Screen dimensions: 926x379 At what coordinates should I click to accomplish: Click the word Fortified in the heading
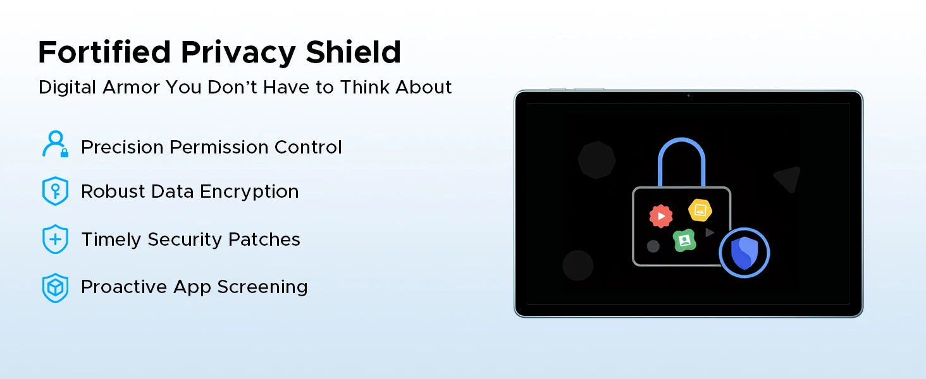[104, 52]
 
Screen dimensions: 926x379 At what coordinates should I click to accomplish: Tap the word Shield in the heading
[353, 52]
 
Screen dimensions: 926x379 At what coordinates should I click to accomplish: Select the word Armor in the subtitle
[131, 87]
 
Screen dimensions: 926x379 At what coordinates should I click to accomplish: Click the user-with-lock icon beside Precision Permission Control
[56, 144]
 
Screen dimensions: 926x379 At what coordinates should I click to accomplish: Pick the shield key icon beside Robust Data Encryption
[56, 191]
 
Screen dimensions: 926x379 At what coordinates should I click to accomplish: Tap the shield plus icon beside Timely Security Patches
[56, 239]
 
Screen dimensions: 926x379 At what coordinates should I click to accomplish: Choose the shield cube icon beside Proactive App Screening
[56, 287]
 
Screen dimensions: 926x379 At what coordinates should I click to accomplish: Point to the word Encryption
[249, 192]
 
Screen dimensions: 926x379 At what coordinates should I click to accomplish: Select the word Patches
[264, 239]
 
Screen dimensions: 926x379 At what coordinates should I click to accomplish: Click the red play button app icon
[661, 216]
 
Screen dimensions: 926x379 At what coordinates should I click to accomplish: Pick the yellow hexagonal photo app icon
[700, 210]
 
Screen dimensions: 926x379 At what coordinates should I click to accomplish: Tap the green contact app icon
[684, 240]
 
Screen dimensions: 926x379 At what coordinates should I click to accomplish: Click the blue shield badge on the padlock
[744, 253]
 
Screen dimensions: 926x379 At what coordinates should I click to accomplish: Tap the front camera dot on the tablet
[688, 96]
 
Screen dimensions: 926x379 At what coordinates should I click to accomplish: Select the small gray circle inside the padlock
[653, 246]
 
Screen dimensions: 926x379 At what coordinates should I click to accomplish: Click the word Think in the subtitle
[364, 87]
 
